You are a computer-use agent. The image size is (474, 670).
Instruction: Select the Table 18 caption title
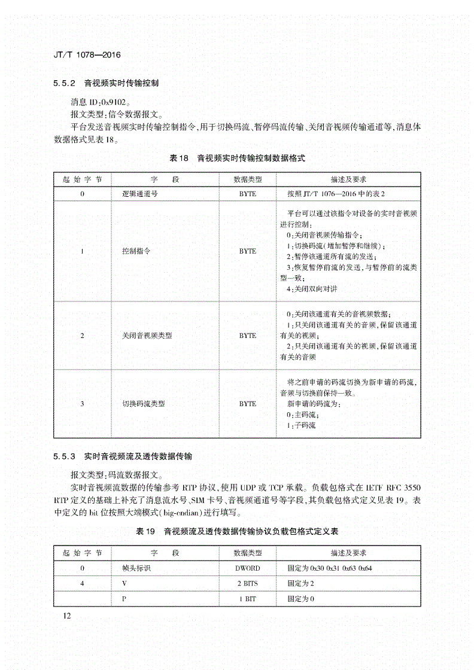click(x=237, y=159)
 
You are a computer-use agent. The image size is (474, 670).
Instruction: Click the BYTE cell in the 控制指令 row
click(x=247, y=251)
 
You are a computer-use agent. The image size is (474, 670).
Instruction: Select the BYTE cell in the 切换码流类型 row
click(x=247, y=404)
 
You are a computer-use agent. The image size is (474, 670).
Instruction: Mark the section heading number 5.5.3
click(x=63, y=456)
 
